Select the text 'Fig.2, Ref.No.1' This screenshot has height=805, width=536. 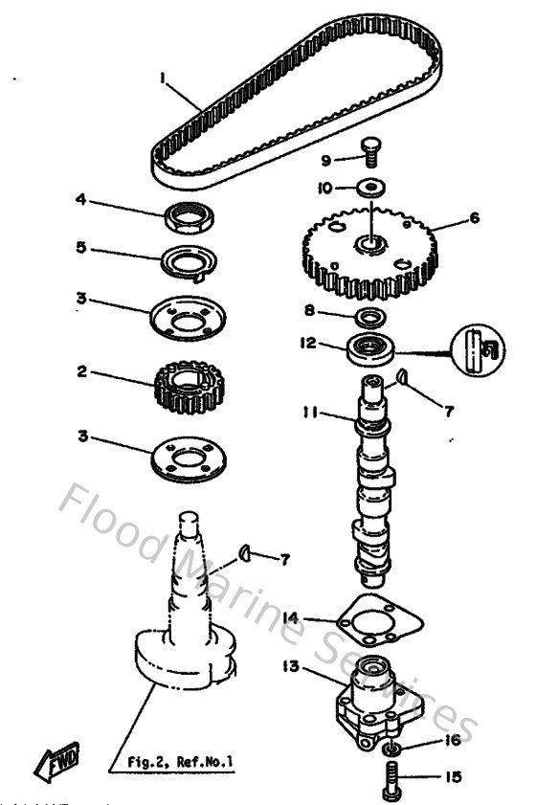pyautogui.click(x=181, y=762)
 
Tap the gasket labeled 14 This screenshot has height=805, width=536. pyautogui.click(x=372, y=623)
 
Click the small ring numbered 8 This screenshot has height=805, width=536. pyautogui.click(x=368, y=316)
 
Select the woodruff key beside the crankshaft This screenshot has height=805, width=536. pyautogui.click(x=246, y=552)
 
